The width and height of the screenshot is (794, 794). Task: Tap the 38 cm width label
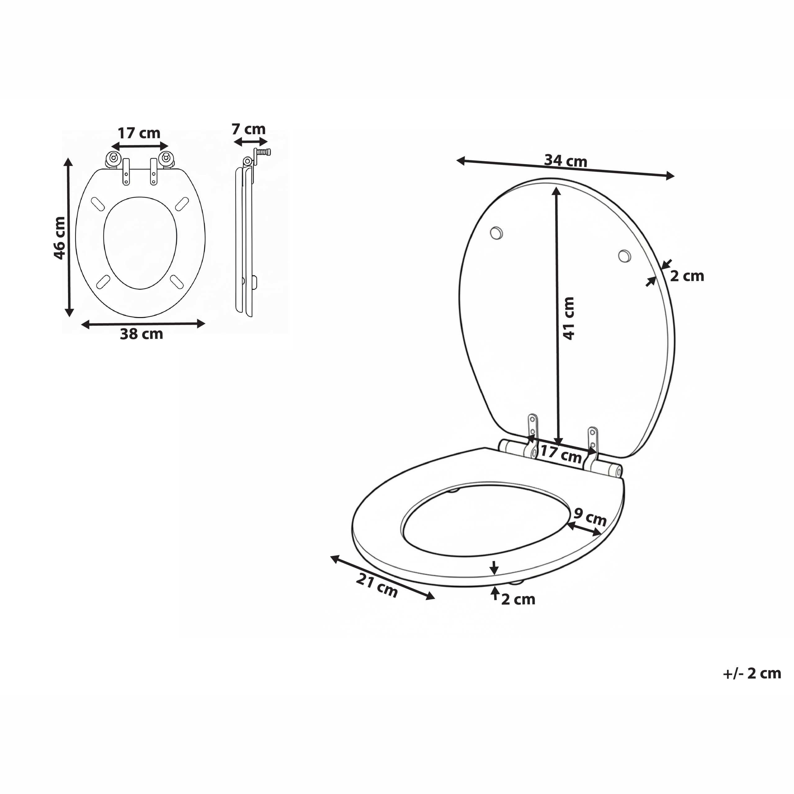coord(141,334)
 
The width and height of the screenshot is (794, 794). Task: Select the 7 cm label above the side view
coord(249,129)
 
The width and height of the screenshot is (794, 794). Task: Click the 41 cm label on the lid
coord(569,318)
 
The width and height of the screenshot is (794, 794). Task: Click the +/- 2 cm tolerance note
coord(752,673)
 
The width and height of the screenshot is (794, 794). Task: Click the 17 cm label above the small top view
coord(139,133)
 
